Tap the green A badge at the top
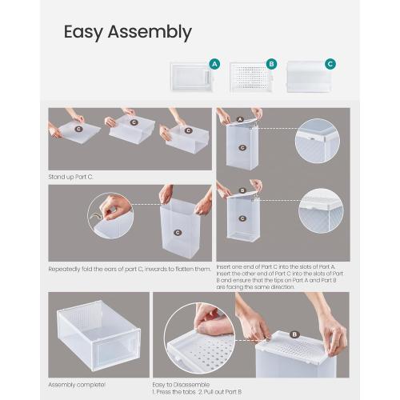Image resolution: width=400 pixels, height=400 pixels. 214,64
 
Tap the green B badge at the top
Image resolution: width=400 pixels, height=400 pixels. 271,64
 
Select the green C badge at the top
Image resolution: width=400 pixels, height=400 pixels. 330,64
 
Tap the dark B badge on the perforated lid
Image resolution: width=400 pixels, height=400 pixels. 294,334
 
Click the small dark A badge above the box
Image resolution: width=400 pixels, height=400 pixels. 240,119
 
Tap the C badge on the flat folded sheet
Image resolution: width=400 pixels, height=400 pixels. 78,128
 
